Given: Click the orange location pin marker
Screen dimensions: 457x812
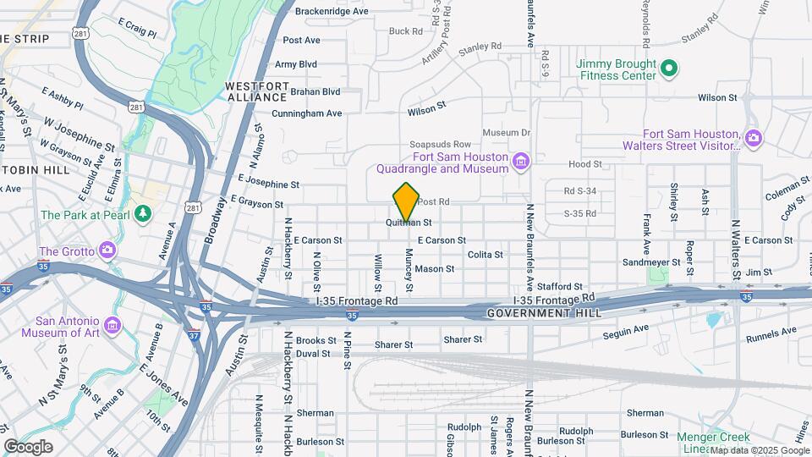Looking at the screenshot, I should (407, 201).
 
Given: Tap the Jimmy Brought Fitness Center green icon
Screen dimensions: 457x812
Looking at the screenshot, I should (668, 66).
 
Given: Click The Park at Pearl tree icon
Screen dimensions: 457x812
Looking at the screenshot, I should (143, 212).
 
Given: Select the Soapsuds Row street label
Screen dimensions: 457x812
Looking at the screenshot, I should (440, 145).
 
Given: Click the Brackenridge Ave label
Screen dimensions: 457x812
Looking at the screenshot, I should (332, 12).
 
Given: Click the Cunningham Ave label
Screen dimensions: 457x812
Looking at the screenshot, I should (306, 113).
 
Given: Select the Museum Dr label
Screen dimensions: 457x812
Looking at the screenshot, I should (506, 133).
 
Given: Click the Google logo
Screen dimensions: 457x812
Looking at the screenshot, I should (28, 447).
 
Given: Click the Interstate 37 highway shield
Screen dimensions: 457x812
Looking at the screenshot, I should (195, 335).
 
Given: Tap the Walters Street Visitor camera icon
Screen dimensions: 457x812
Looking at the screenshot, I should (753, 137).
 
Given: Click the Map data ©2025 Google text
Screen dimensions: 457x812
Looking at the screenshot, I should (759, 451).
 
